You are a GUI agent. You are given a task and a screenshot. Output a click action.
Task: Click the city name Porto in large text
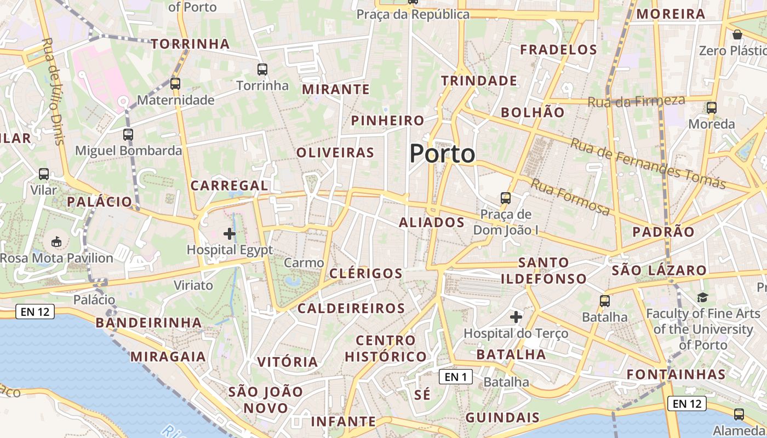click(x=442, y=154)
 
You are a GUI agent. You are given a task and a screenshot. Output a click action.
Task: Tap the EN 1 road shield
click(x=455, y=377)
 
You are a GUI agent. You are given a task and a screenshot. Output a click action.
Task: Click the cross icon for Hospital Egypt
click(x=230, y=234)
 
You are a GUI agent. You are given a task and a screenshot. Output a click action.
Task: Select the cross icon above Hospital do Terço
click(x=516, y=317)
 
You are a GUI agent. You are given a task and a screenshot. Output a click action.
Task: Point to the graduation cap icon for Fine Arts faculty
click(x=702, y=297)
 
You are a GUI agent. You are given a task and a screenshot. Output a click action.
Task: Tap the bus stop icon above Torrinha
click(x=262, y=70)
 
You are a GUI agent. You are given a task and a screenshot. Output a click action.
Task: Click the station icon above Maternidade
click(x=175, y=84)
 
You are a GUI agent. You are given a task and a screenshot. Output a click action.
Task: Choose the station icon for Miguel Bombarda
click(x=128, y=134)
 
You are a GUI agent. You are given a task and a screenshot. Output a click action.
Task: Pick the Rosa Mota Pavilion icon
click(x=56, y=241)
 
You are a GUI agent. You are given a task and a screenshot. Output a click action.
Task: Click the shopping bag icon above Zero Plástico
click(x=737, y=34)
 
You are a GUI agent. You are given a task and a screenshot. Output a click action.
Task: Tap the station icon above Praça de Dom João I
click(x=506, y=198)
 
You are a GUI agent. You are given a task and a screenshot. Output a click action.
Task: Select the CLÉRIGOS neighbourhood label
click(x=366, y=273)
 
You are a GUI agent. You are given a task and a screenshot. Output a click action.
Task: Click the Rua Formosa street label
click(x=570, y=197)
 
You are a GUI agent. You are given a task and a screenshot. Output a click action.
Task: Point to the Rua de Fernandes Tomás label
click(x=648, y=163)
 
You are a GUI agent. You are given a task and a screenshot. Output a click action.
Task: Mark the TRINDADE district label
click(x=479, y=81)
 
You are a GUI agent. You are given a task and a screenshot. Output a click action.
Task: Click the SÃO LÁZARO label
click(x=659, y=270)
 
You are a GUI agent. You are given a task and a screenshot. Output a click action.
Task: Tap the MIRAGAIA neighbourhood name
click(x=168, y=357)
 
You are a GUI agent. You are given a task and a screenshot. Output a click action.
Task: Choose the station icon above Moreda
click(x=712, y=108)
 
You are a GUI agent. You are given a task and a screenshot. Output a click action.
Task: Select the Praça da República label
click(x=413, y=14)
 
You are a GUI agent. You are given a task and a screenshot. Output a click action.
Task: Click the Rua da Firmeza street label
click(x=636, y=101)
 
